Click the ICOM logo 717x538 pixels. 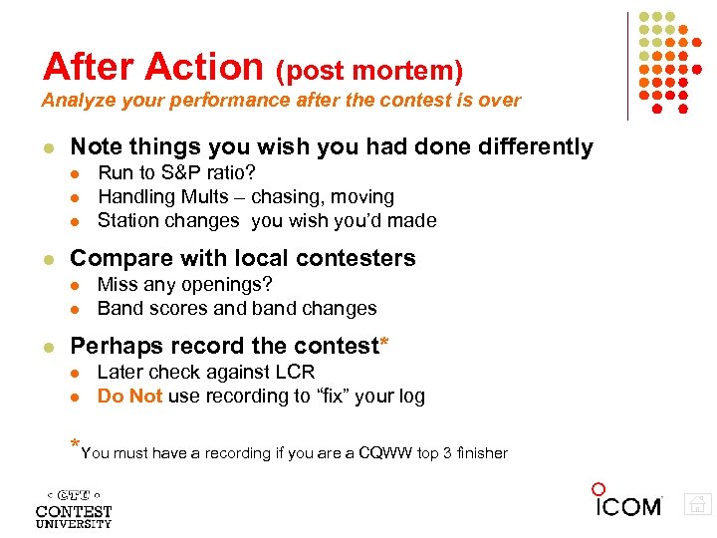click(627, 503)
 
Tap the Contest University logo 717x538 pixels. click(74, 508)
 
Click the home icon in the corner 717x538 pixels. click(698, 505)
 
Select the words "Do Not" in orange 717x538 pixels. click(129, 396)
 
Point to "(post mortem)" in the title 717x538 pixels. click(369, 71)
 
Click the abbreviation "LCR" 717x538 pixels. click(294, 372)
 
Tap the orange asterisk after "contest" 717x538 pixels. click(383, 345)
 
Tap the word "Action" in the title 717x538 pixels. click(204, 67)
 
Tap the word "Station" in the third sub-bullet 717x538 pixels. click(128, 220)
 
